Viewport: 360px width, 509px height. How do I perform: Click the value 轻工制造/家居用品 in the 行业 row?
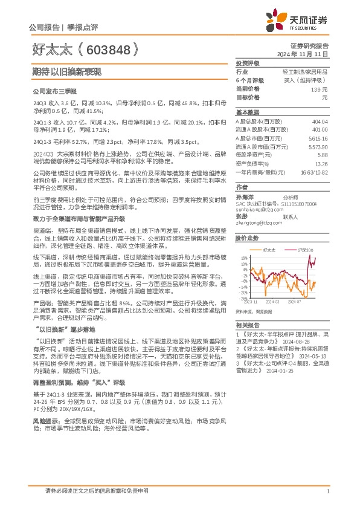pyautogui.click(x=305, y=71)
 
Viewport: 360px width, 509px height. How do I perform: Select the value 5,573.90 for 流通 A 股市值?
pyautogui.click(x=318, y=146)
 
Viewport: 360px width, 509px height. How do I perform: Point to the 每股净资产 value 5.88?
pyautogui.click(x=323, y=155)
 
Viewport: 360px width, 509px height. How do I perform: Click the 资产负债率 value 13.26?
pyautogui.click(x=321, y=163)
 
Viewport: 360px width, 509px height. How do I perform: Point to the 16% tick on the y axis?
pyautogui.click(x=243, y=257)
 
